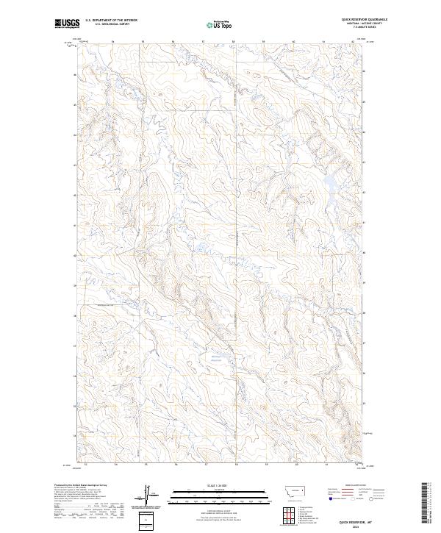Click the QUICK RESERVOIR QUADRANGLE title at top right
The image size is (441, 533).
[x=364, y=19]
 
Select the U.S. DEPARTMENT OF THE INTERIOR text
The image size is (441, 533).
[x=111, y=20]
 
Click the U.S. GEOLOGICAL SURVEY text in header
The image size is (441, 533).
[x=111, y=24]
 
